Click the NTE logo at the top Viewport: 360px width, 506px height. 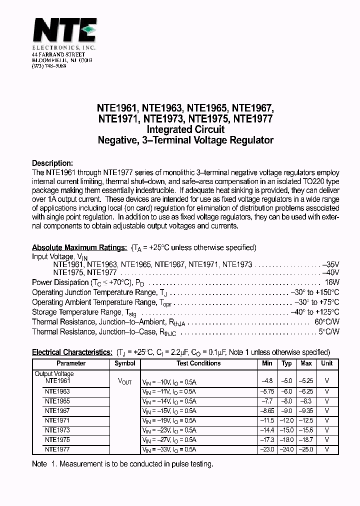coord(64,30)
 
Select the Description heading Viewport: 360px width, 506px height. coord(52,163)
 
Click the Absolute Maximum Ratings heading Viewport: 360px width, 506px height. coord(79,247)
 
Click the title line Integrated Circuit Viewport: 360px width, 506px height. coord(185,129)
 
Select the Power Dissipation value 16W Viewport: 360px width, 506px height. coord(331,282)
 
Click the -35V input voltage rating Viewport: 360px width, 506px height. coord(330,264)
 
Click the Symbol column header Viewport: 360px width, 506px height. coord(124,363)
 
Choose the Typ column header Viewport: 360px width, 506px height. coord(286,363)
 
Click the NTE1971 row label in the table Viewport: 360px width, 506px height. coord(57,421)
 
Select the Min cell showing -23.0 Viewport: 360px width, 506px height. coord(267,449)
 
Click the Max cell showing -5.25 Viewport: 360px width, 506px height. coord(306,380)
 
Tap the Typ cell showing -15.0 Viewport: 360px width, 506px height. coord(286,430)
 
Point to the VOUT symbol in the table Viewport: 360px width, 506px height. coord(124,381)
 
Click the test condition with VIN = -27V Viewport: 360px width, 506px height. coord(169,440)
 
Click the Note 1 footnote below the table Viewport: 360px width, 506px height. coord(122,464)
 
